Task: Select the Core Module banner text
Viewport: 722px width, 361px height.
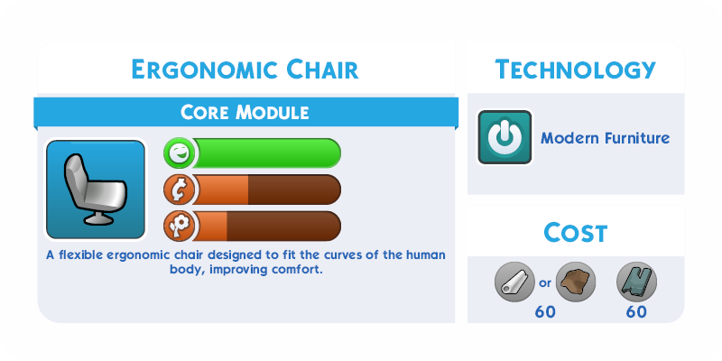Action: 245,112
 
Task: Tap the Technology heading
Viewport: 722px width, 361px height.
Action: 575,69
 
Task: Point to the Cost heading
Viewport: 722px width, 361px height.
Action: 575,233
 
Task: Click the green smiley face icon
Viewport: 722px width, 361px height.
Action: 178,153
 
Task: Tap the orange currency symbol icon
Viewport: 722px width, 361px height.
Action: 178,190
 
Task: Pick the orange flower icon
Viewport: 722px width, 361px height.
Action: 178,227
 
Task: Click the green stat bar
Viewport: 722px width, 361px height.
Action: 266,153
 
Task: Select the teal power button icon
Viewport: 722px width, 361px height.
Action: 504,137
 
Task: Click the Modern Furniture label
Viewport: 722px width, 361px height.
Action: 605,138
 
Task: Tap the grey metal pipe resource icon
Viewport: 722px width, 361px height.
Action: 514,282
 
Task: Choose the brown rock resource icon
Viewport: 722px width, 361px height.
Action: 576,282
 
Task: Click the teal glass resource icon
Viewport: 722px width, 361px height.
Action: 636,282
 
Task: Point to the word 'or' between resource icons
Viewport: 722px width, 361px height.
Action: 545,283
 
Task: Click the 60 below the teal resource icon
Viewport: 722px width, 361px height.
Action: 636,312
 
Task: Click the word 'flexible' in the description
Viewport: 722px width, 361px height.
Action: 79,255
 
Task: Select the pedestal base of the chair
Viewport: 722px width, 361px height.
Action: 98,218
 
